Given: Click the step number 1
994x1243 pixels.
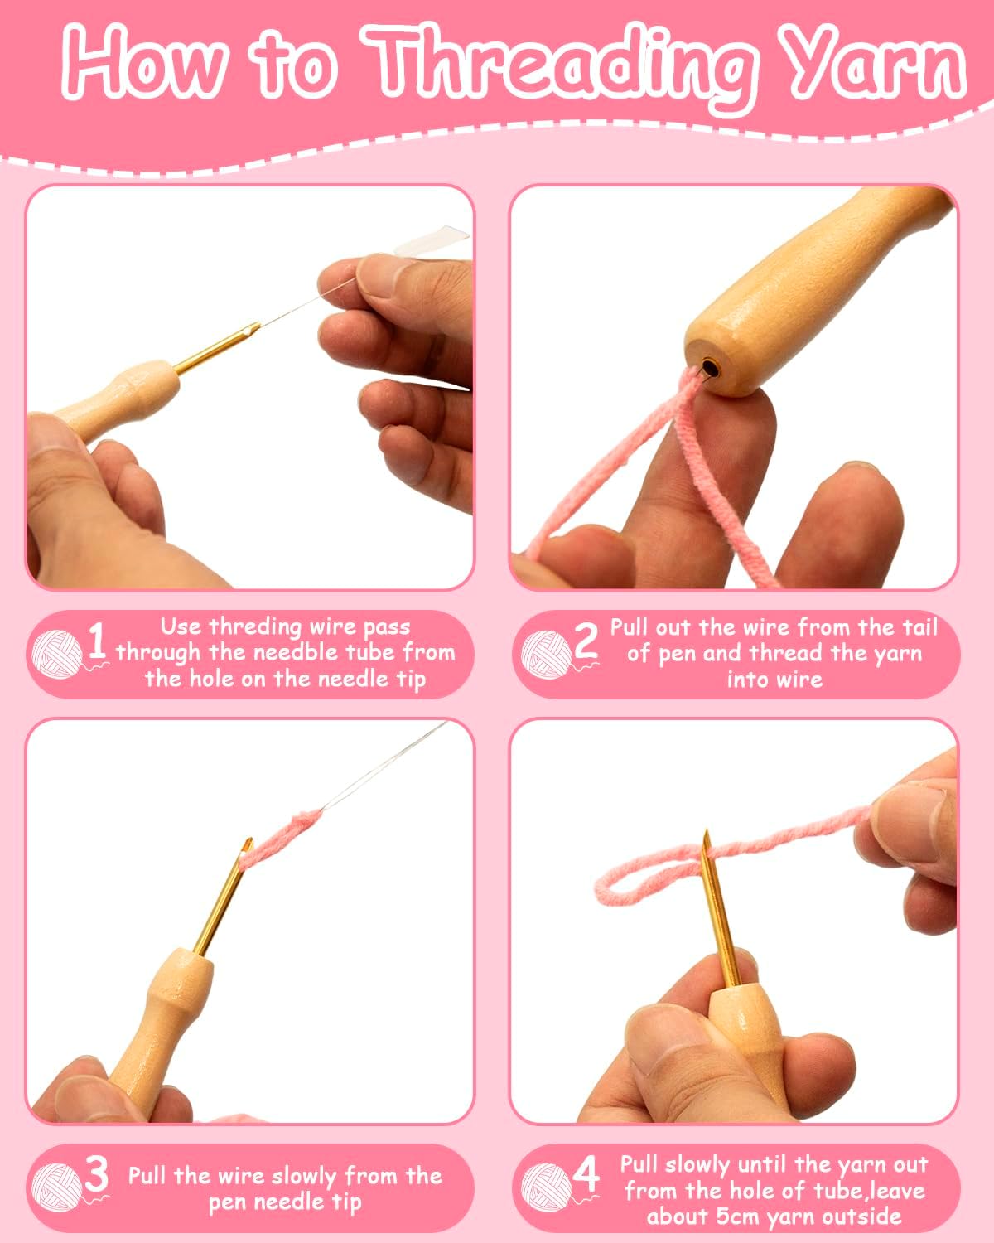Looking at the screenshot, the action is click(97, 641).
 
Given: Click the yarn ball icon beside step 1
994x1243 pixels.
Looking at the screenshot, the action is click(58, 654).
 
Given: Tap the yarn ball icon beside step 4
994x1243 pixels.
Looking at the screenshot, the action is click(547, 1187).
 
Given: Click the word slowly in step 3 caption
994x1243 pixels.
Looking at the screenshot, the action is click(304, 1176).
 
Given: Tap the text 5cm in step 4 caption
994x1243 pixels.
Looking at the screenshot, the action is click(736, 1218).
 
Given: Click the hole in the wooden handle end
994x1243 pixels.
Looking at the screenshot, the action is click(710, 368).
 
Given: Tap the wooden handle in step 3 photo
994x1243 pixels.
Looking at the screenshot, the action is click(160, 1028).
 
